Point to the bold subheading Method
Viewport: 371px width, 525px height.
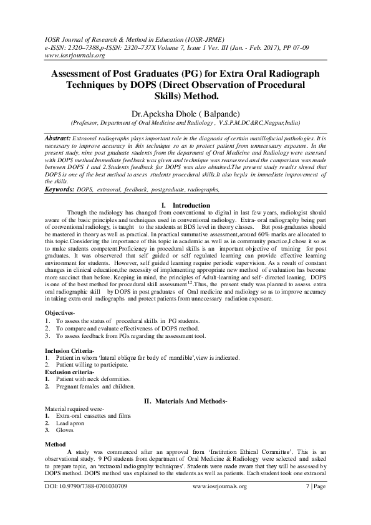(55, 445)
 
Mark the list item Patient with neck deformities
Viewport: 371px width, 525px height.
(93, 378)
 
